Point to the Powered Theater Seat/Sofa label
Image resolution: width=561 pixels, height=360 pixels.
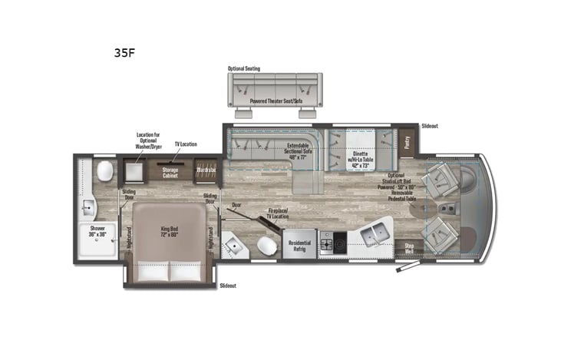pos(276,101)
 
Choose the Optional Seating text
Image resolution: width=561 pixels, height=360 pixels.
pos(243,68)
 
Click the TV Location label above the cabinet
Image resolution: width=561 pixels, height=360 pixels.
pos(186,144)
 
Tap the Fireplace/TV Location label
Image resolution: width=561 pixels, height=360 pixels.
pos(278,213)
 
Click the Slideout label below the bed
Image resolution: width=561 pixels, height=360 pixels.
pos(228,285)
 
